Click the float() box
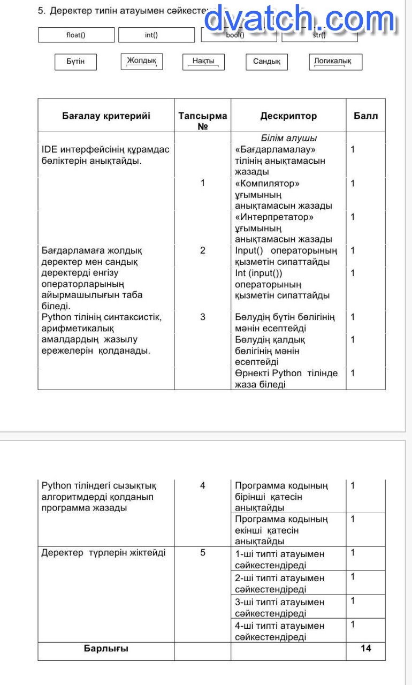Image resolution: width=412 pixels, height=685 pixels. [76, 35]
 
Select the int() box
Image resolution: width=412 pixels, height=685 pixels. [156, 35]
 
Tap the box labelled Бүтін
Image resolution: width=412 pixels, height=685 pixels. [75, 62]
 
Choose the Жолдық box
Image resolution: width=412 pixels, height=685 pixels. [142, 61]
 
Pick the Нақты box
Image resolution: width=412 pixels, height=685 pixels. [203, 62]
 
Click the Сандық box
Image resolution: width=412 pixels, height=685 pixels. [266, 62]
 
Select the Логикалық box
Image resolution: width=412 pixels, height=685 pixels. [335, 62]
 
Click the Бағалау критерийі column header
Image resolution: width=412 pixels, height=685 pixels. [106, 116]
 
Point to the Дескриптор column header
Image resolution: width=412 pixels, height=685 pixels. [288, 116]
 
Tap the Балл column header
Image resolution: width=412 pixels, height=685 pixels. [365, 116]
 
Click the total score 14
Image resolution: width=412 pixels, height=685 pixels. [366, 648]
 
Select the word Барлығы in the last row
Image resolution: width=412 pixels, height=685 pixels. [106, 648]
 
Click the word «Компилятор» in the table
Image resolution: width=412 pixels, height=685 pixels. [267, 183]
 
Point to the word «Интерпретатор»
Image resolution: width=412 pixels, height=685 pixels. [274, 217]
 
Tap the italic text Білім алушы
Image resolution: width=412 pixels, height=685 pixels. [289, 138]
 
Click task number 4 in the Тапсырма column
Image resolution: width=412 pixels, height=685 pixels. [202, 485]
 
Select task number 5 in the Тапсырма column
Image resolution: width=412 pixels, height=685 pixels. [202, 552]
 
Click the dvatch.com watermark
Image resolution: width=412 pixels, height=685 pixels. [300, 20]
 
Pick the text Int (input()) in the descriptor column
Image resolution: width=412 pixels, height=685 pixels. [259, 273]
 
